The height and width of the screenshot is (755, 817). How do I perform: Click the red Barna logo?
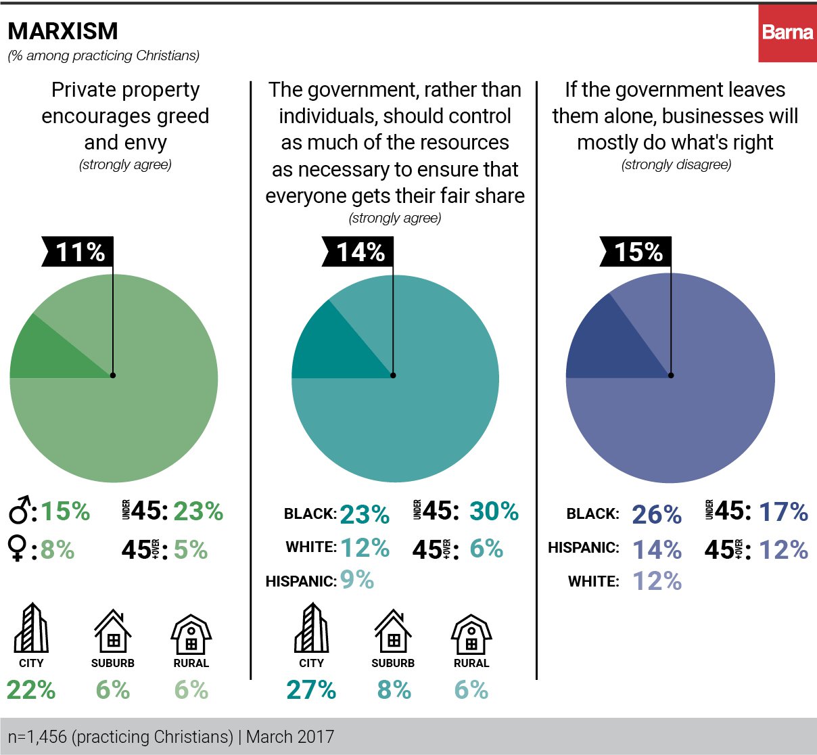(x=787, y=32)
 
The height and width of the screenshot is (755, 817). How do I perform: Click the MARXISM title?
(x=63, y=31)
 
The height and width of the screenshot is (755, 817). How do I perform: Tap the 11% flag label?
(x=79, y=252)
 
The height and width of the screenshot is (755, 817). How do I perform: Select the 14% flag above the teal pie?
(x=360, y=252)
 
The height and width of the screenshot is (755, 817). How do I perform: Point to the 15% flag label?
(x=638, y=252)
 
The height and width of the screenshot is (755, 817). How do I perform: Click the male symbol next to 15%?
(x=20, y=511)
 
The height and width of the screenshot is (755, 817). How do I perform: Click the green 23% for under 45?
(x=198, y=511)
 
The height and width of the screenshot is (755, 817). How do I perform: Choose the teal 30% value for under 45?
(x=494, y=511)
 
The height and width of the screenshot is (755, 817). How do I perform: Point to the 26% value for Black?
(x=657, y=515)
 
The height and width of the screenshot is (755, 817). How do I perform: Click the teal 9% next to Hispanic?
(x=357, y=580)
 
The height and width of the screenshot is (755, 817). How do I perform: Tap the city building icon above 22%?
(x=31, y=629)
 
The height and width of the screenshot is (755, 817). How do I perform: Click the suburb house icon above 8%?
(x=393, y=633)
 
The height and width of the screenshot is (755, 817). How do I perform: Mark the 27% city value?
(x=311, y=690)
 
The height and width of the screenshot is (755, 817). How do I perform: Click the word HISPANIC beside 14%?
(x=584, y=548)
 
